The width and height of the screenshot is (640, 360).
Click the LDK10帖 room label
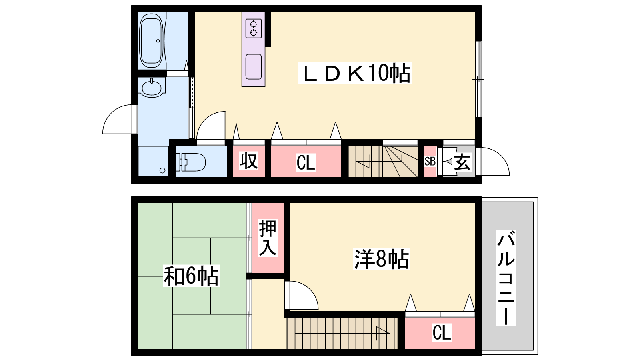(355, 73)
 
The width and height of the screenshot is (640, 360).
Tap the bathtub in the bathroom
(151, 40)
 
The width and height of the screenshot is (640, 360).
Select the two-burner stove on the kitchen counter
(254, 28)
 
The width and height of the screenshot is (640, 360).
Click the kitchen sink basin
(254, 66)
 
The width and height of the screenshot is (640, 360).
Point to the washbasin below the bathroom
(152, 88)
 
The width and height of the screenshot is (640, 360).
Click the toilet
(190, 162)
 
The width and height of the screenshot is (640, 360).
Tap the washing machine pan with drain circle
(154, 162)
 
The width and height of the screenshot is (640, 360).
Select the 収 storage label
(248, 161)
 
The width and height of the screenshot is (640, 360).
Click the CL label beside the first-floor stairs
(306, 162)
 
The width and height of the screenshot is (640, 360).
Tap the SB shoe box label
(430, 162)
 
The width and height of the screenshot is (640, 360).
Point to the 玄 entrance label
(462, 162)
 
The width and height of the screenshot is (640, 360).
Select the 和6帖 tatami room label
(191, 276)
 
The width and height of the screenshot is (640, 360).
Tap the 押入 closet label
(268, 238)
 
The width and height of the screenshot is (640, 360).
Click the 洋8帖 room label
(382, 259)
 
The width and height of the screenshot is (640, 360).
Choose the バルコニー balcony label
(506, 278)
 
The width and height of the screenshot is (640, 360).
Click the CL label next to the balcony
(442, 332)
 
